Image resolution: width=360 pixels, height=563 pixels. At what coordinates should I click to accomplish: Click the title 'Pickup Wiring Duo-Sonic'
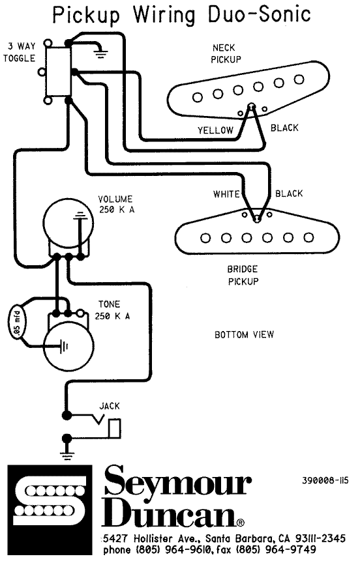(x=182, y=14)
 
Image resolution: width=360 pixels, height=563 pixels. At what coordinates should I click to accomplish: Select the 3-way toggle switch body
(x=57, y=72)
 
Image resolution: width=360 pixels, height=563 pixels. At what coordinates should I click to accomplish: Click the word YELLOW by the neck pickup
(x=215, y=130)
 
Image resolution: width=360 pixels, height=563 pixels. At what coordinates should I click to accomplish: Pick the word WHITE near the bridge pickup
(x=226, y=194)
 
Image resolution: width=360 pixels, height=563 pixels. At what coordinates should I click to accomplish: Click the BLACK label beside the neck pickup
(x=284, y=128)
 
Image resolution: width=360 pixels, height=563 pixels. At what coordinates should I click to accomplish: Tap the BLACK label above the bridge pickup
(x=289, y=194)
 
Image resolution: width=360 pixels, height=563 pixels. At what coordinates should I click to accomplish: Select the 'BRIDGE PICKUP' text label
(x=243, y=275)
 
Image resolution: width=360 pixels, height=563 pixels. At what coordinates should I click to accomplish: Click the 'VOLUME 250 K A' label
(x=115, y=204)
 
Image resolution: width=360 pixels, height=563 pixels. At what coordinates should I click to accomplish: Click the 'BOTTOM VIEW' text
(x=245, y=335)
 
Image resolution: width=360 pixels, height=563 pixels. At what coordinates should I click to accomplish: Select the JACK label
(x=110, y=406)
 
